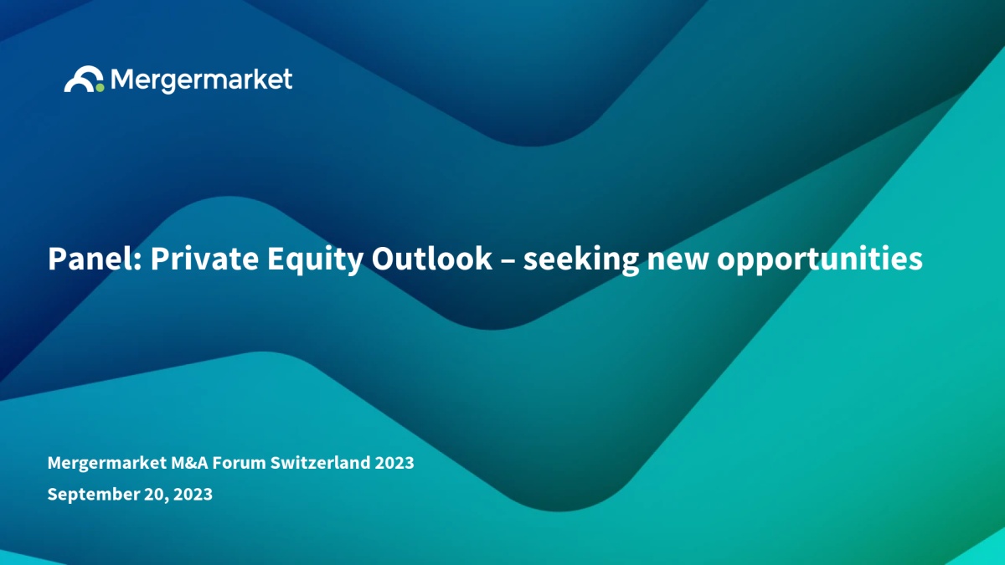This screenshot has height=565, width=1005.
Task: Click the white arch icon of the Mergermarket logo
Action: (x=83, y=74)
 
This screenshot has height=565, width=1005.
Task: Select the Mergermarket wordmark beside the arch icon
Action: (x=202, y=80)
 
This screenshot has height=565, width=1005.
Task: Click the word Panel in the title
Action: (x=95, y=259)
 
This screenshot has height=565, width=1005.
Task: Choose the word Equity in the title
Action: (x=315, y=260)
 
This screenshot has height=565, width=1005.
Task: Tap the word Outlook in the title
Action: (x=431, y=259)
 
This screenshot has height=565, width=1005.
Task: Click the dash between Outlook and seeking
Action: (x=508, y=260)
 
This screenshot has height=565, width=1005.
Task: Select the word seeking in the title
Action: (x=581, y=260)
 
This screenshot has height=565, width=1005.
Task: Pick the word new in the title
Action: (x=678, y=261)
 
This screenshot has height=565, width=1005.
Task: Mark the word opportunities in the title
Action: (x=820, y=260)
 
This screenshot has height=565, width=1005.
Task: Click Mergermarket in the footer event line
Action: (x=107, y=463)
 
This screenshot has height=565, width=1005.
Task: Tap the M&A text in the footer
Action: (x=189, y=463)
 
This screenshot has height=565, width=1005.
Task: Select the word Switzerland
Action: (x=320, y=463)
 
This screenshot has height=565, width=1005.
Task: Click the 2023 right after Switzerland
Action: (x=394, y=463)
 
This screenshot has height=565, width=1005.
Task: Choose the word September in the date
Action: (x=93, y=495)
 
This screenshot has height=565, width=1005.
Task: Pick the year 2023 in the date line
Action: (x=193, y=495)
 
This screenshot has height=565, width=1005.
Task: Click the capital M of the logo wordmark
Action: (x=121, y=80)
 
